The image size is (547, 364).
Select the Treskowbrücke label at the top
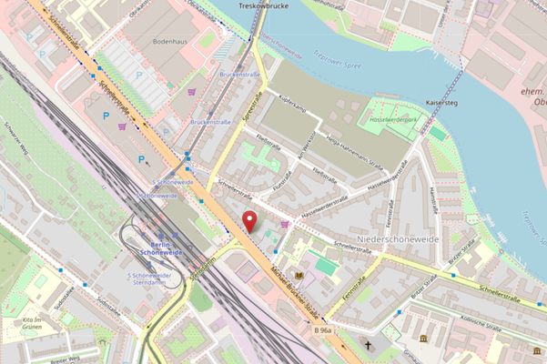[x=263, y=5]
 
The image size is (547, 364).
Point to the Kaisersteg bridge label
[x=447, y=104]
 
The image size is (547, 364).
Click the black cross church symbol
[x=368, y=347]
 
